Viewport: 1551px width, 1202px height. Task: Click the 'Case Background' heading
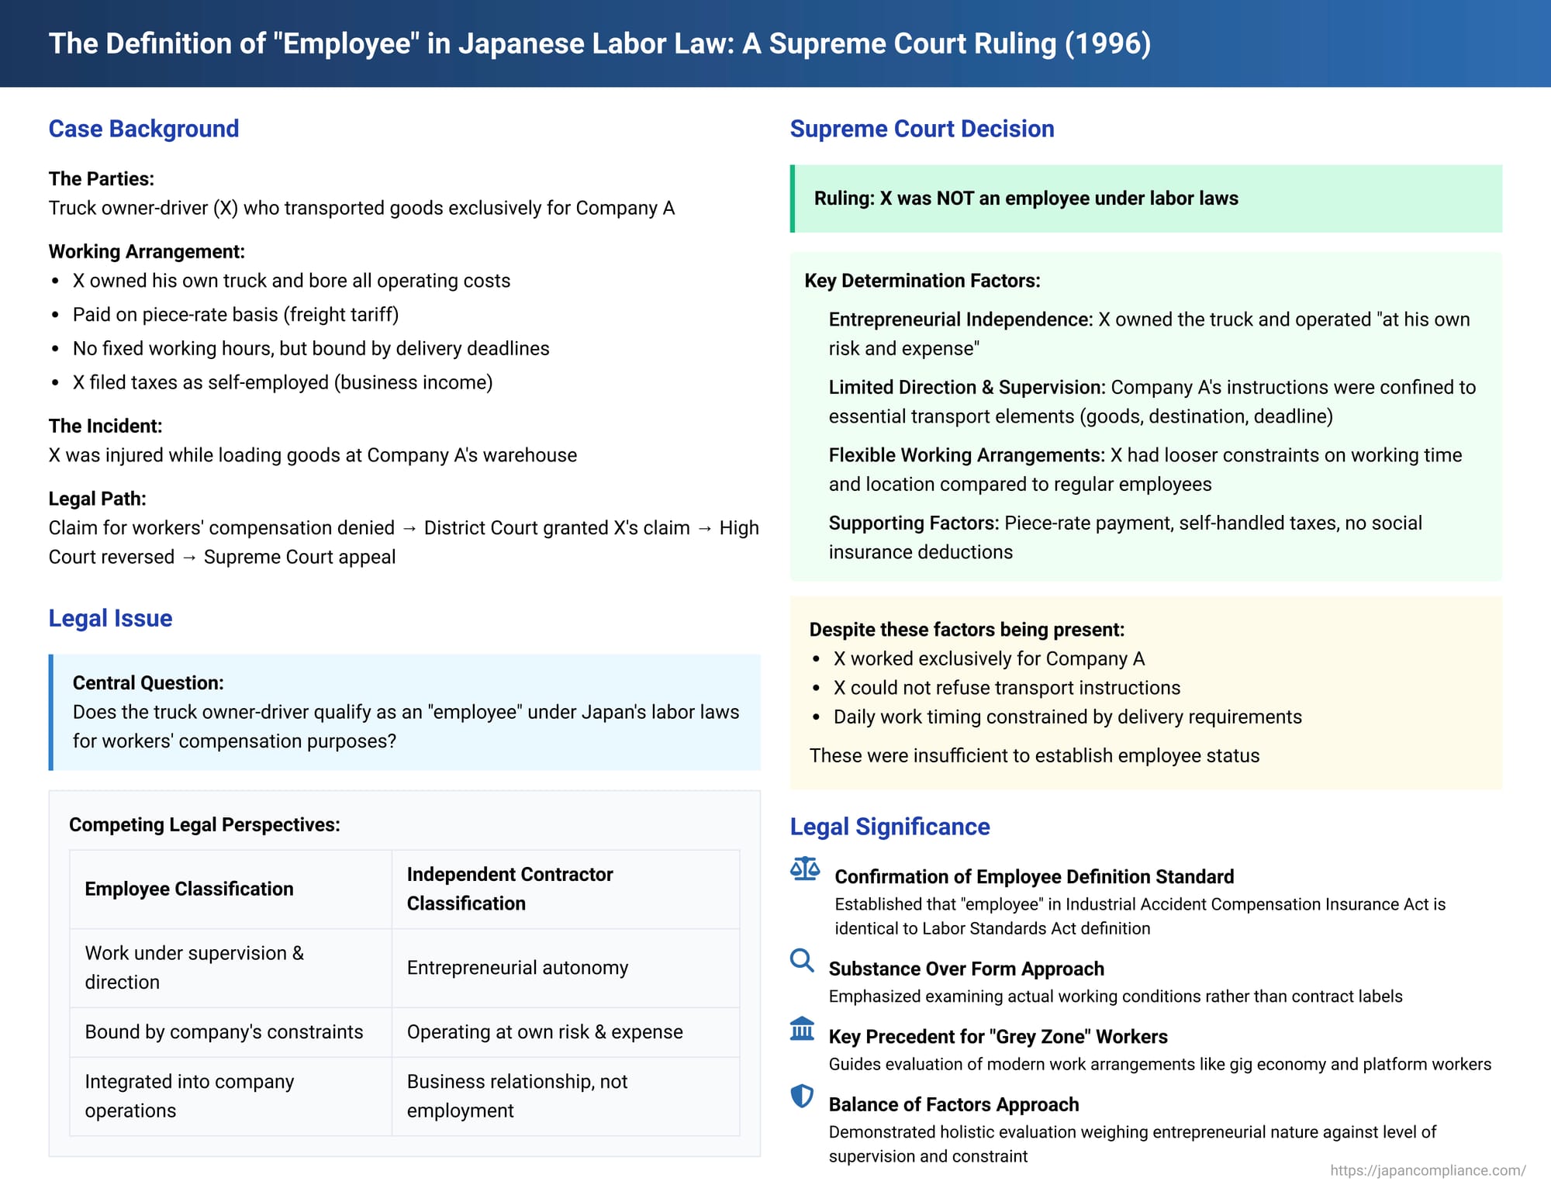143,129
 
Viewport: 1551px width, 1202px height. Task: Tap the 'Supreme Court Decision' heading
921,129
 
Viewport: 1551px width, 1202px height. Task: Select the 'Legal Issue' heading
110,618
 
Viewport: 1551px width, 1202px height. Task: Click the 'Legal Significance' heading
889,827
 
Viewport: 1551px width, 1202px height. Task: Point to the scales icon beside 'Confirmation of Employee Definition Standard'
804,869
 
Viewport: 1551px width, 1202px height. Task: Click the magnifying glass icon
801,960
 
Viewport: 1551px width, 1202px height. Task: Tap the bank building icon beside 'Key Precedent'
801,1028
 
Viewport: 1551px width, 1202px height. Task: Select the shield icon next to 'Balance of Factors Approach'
801,1096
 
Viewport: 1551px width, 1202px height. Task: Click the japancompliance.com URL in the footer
1428,1170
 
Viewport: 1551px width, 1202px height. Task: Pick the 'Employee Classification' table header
189,889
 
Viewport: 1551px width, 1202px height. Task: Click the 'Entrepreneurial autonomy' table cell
517,968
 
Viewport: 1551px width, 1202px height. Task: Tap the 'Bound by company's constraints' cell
224,1032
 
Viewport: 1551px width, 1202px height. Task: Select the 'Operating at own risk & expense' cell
544,1032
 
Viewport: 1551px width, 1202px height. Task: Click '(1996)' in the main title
1107,43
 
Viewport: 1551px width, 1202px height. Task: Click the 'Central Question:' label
148,683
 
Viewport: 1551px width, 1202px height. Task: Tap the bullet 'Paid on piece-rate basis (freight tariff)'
236,315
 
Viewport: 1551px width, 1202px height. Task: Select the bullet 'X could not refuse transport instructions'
1007,688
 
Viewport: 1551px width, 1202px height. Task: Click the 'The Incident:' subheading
105,427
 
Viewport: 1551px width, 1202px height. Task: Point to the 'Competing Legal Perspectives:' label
205,825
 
